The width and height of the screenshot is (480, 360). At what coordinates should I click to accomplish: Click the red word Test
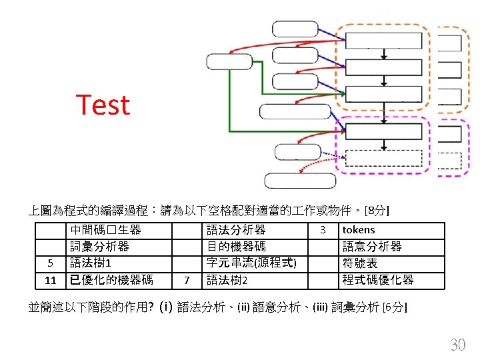coord(103,105)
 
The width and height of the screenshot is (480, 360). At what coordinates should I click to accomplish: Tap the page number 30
coord(458,345)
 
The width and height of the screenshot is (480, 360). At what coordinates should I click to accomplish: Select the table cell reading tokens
coord(359,230)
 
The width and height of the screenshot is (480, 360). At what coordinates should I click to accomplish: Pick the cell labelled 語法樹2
coord(227,279)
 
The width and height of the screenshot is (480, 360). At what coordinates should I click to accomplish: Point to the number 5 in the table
coord(49,263)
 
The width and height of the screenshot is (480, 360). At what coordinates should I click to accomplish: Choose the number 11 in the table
coord(50,279)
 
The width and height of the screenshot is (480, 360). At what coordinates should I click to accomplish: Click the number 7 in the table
coord(187,279)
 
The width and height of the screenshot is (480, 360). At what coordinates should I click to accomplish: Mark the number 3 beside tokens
coord(323,230)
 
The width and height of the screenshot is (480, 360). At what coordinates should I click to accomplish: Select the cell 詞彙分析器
coord(99,247)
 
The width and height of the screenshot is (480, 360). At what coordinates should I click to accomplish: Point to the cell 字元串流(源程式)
coord(251,263)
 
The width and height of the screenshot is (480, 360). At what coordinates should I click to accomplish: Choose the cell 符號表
coord(360,263)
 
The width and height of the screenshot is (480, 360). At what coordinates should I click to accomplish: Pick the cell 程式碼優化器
coord(378,279)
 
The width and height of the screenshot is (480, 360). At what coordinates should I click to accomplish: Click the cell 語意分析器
coord(372,247)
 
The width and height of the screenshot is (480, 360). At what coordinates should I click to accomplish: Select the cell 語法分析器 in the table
coord(236,230)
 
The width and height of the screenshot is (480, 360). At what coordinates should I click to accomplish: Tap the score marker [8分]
coord(378,211)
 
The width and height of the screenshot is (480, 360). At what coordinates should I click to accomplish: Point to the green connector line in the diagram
coord(230,100)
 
